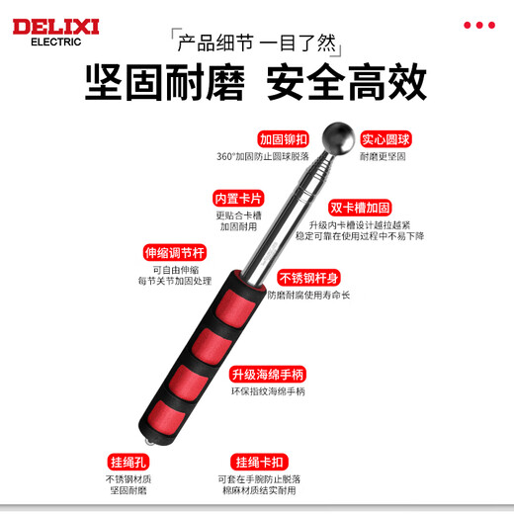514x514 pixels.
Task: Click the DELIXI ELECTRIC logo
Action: click(x=54, y=30)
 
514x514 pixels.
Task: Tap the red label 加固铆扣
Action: click(x=284, y=139)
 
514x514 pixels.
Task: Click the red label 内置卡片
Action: click(x=237, y=197)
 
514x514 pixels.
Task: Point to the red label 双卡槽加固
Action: click(x=361, y=208)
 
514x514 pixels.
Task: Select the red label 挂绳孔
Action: click(x=128, y=462)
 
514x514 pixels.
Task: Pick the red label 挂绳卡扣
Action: click(x=260, y=462)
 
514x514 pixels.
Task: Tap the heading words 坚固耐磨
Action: click(x=164, y=83)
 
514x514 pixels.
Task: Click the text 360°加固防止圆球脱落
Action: click(x=263, y=156)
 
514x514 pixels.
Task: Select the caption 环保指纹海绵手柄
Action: click(x=268, y=391)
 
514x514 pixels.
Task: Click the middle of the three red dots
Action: click(x=479, y=25)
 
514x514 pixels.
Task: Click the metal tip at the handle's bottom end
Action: click(x=149, y=436)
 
